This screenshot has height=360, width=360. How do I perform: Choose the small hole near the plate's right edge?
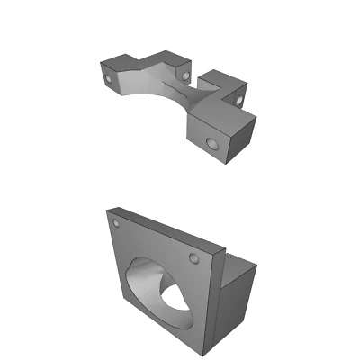point(193,259)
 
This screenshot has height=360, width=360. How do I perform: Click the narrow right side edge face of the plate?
point(217,297)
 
